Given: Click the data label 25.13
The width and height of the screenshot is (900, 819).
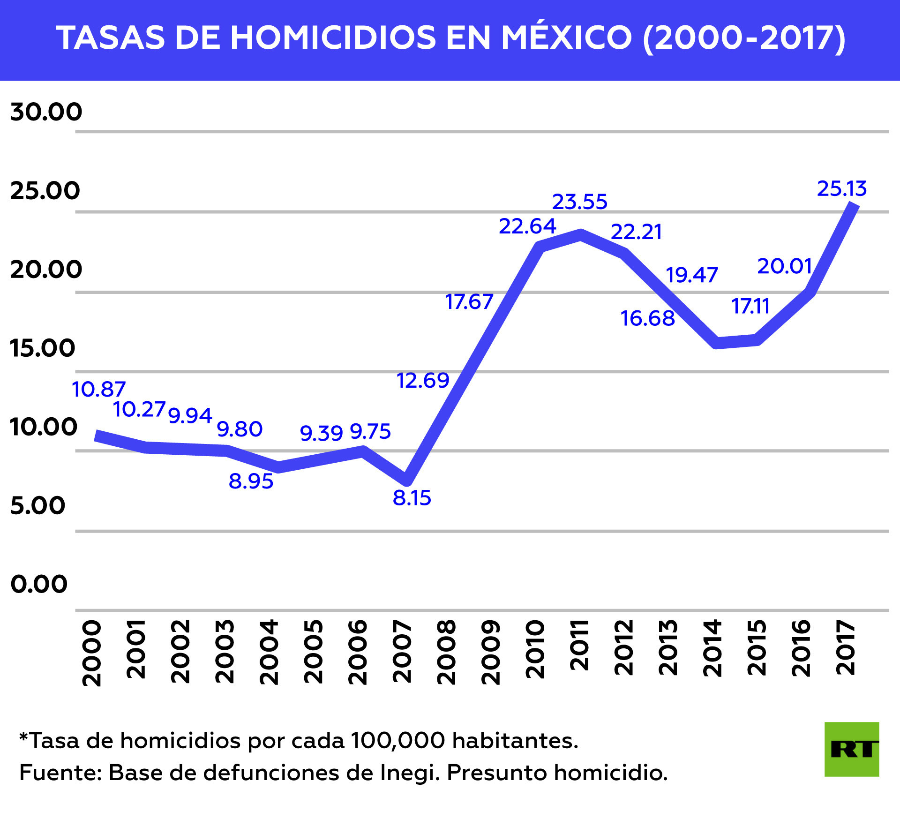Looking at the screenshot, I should [x=842, y=188].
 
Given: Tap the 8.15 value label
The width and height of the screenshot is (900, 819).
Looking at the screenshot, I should [x=412, y=498].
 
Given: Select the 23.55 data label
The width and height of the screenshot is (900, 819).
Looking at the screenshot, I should [x=579, y=202].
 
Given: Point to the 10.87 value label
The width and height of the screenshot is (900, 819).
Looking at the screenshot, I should [x=98, y=389].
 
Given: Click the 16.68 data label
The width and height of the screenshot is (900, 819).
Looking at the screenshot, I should [x=647, y=318].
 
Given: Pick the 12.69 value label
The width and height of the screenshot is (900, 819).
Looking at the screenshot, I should [x=423, y=380].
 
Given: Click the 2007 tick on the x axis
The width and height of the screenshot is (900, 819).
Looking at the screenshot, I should [x=402, y=652].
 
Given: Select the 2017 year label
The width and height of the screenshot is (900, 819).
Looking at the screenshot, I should [x=846, y=648].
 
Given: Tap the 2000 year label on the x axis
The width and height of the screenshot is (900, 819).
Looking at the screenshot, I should [x=92, y=654].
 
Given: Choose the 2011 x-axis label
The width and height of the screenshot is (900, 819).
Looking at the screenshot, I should [x=579, y=645].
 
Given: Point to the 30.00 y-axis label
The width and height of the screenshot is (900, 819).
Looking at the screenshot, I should [x=46, y=112].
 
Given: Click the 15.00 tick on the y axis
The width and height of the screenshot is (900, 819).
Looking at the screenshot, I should [x=42, y=348].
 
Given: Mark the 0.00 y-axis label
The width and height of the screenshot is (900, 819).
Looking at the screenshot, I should [x=39, y=584].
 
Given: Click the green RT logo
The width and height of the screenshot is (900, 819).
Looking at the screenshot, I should [x=851, y=749].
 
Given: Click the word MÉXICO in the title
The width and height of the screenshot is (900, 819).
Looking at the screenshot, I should [x=567, y=38].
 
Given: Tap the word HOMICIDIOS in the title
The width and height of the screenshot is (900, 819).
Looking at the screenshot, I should [x=333, y=38].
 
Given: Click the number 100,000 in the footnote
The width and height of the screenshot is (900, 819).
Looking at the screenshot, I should [x=397, y=741].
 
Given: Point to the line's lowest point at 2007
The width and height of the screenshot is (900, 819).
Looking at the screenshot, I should [x=407, y=481].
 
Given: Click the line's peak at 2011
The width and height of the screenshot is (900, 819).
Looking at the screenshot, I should [x=580, y=234].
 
